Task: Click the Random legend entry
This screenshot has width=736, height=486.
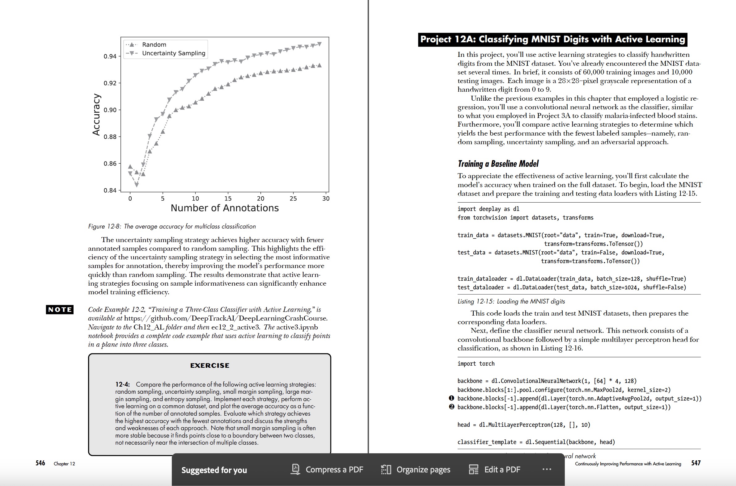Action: [x=154, y=45]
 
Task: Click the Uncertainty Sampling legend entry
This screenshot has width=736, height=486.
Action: [x=173, y=53]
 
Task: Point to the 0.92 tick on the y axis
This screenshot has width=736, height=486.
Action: [x=110, y=83]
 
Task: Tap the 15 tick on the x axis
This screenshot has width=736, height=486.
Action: [x=228, y=198]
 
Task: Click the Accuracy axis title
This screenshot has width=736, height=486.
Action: [x=96, y=114]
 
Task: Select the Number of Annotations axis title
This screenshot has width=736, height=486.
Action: [x=225, y=208]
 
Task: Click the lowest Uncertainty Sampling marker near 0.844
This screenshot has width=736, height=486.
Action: [x=137, y=185]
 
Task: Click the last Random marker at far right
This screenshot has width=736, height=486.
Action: [x=319, y=65]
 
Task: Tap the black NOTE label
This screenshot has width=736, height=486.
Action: [x=60, y=309]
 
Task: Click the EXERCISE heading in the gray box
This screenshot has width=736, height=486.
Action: [x=210, y=366]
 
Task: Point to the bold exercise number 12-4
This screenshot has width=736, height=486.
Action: [x=122, y=384]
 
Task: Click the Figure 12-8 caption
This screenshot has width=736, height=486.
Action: [x=172, y=226]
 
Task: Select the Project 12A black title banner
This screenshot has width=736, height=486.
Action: [x=552, y=39]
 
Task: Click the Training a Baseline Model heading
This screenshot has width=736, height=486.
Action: [x=498, y=164]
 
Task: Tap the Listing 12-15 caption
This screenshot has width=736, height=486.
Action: [x=511, y=301]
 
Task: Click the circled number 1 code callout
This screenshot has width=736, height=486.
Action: [x=452, y=398]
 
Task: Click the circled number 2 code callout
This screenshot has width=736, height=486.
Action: [x=452, y=407]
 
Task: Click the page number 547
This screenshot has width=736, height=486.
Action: [x=696, y=463]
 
